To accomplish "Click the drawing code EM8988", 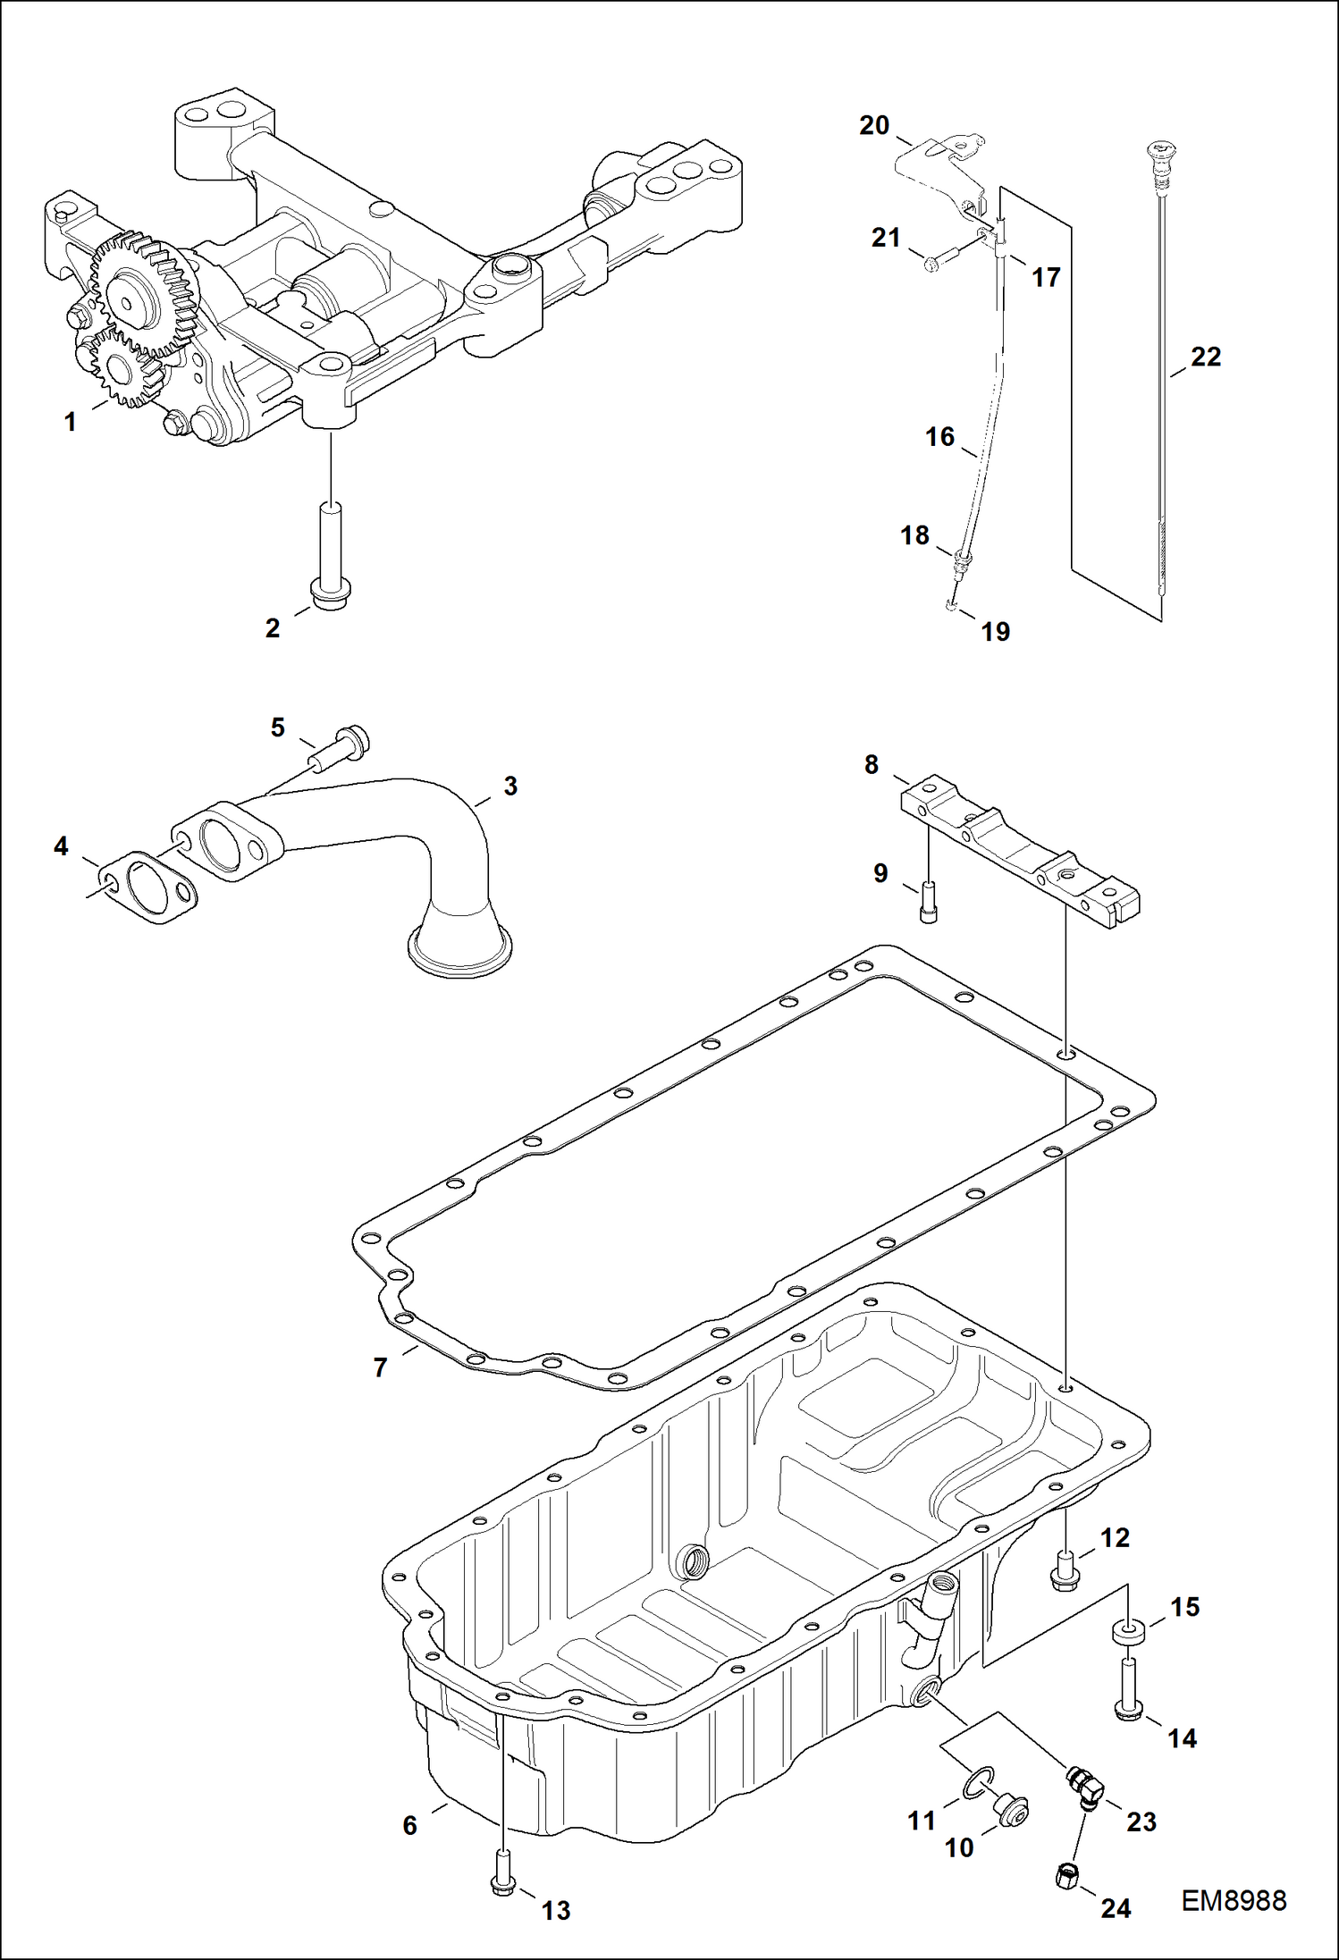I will (1234, 1901).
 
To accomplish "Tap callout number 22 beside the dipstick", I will (1205, 358).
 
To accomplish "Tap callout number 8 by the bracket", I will (872, 765).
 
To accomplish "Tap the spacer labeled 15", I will (1130, 1632).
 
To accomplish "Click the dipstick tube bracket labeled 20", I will (939, 165).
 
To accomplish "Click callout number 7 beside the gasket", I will (381, 1368).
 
